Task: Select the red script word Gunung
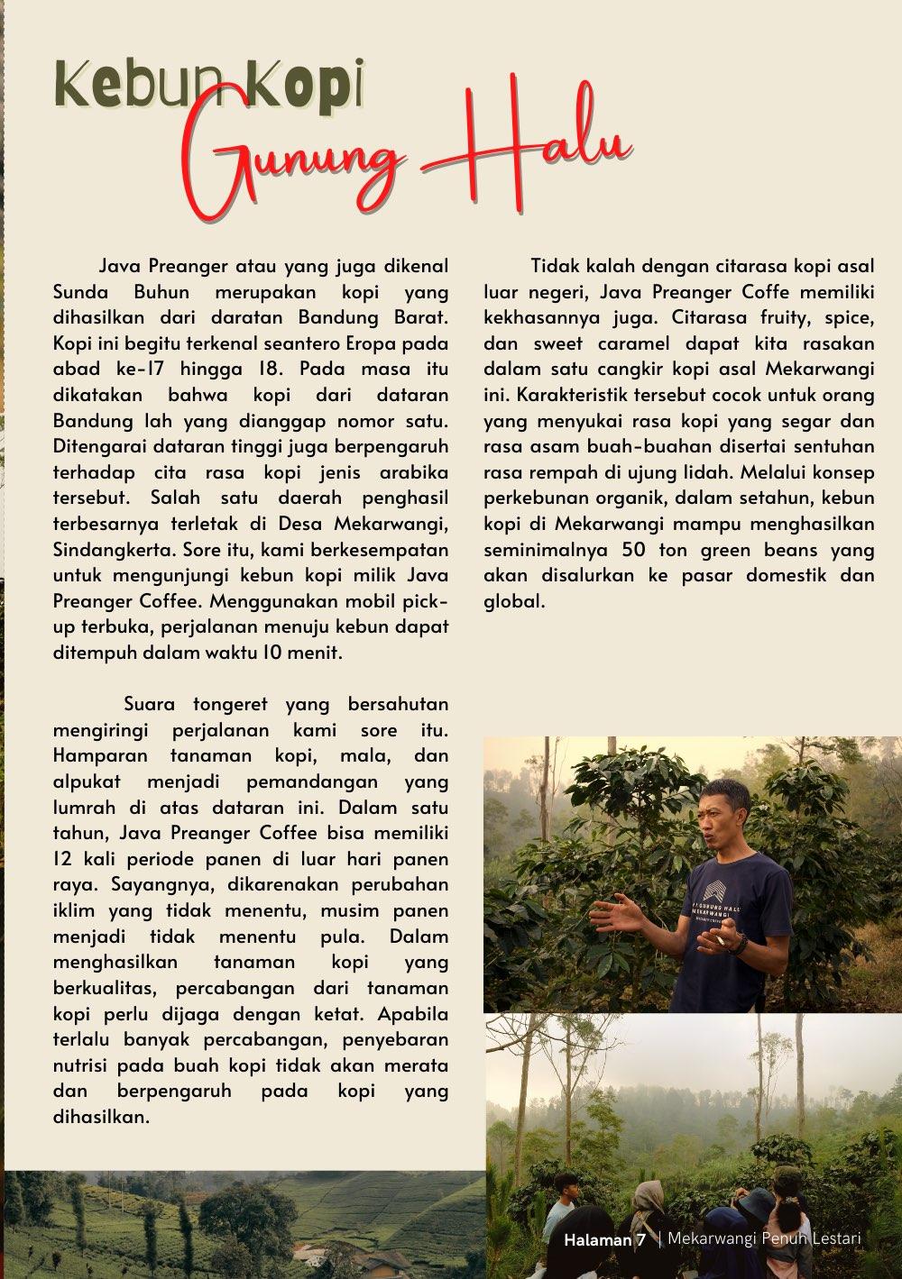(298, 168)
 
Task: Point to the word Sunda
(81, 292)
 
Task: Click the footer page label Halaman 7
(604, 1240)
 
